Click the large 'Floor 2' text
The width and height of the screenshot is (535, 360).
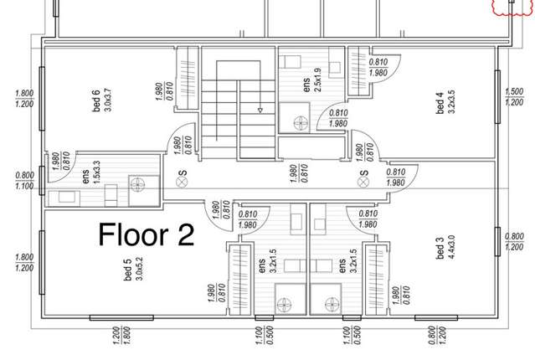pos(147,234)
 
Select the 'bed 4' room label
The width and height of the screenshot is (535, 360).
pos(440,106)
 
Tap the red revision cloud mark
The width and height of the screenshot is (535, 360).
pos(513,8)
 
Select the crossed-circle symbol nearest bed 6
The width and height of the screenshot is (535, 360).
pos(183,178)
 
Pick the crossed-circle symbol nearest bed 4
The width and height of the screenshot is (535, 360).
pos(363,177)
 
